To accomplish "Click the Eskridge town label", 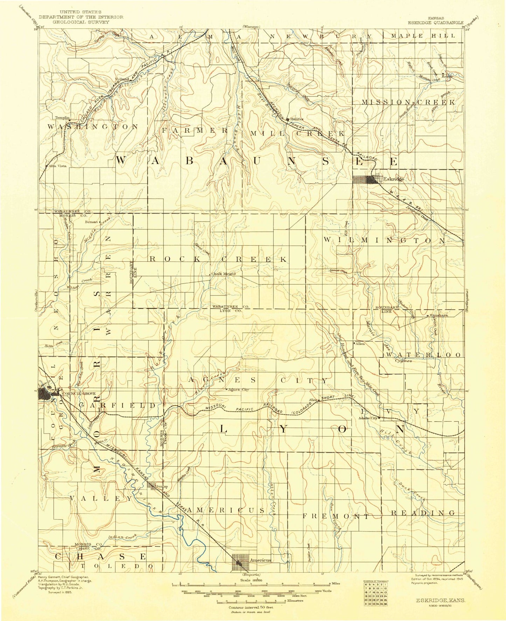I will [394, 179].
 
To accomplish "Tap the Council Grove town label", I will [78, 394].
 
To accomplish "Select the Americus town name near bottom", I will [260, 560].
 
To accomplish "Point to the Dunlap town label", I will [162, 486].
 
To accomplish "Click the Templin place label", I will [62, 118].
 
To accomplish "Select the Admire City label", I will [368, 418].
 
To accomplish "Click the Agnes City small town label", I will [239, 389].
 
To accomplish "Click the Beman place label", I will [91, 222].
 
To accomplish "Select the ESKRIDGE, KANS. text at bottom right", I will [441, 600].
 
